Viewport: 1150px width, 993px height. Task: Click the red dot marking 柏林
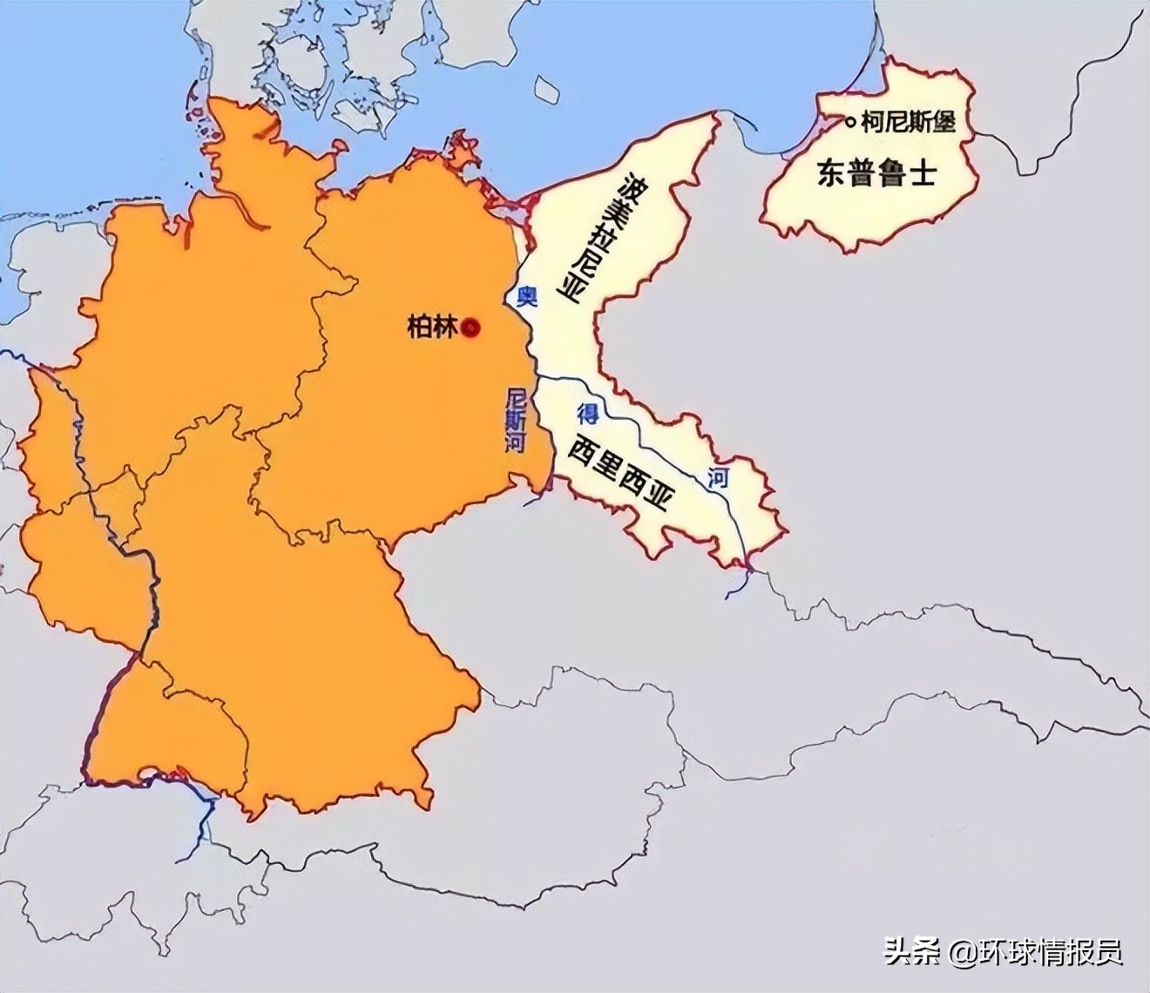pyautogui.click(x=470, y=328)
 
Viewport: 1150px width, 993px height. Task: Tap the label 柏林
pyautogui.click(x=432, y=328)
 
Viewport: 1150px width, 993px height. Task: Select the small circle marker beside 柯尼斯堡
pyautogui.click(x=850, y=123)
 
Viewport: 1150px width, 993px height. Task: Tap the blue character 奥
pyautogui.click(x=525, y=297)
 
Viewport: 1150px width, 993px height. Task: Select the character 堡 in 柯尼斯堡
pyautogui.click(x=944, y=122)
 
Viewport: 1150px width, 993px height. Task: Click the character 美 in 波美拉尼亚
pyautogui.click(x=615, y=212)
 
